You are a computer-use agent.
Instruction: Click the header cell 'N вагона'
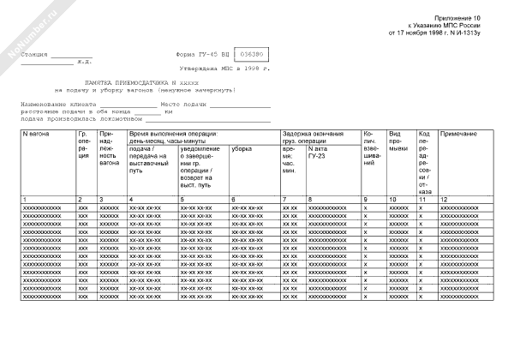35,135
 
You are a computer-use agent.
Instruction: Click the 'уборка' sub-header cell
241,149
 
